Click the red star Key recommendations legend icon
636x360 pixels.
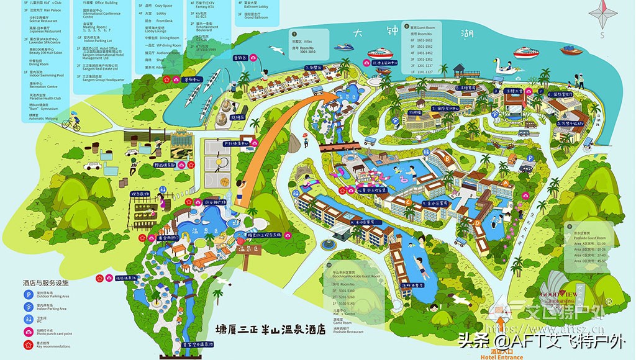(x=27, y=344)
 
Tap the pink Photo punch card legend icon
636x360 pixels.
(x=27, y=331)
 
